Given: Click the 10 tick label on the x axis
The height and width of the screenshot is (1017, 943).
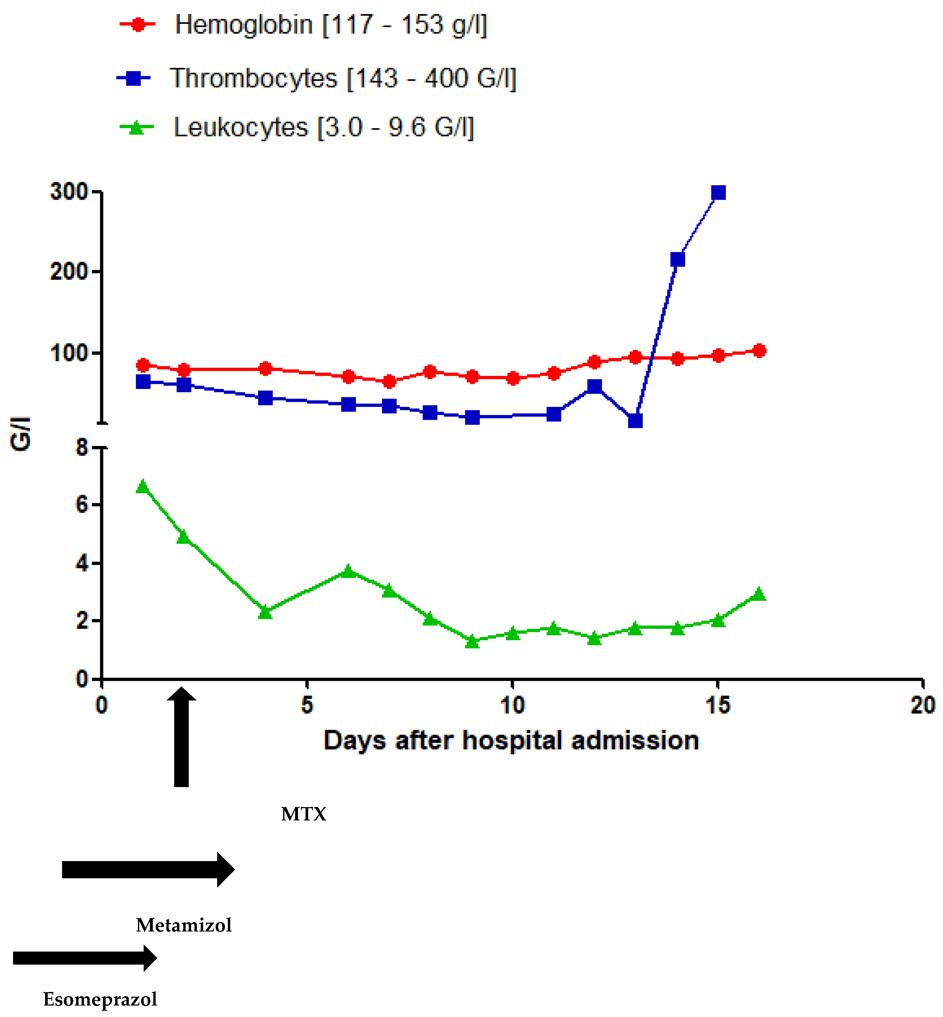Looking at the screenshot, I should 512,705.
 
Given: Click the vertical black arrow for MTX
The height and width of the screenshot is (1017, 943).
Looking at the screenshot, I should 182,737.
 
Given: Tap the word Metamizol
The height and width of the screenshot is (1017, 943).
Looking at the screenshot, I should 184,925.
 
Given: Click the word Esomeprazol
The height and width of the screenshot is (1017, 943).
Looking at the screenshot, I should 100,999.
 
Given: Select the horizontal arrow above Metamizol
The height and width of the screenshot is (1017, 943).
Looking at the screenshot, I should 148,869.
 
